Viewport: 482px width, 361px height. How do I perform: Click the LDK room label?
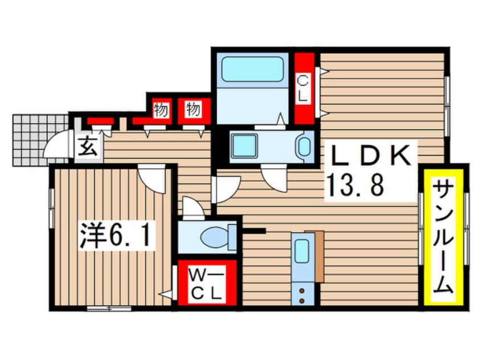370,154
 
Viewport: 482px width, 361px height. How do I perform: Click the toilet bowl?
218,236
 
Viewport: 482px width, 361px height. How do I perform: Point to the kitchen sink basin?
301,249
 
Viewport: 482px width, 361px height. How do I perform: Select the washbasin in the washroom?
305,146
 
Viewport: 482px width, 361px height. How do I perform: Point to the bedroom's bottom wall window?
108,309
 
